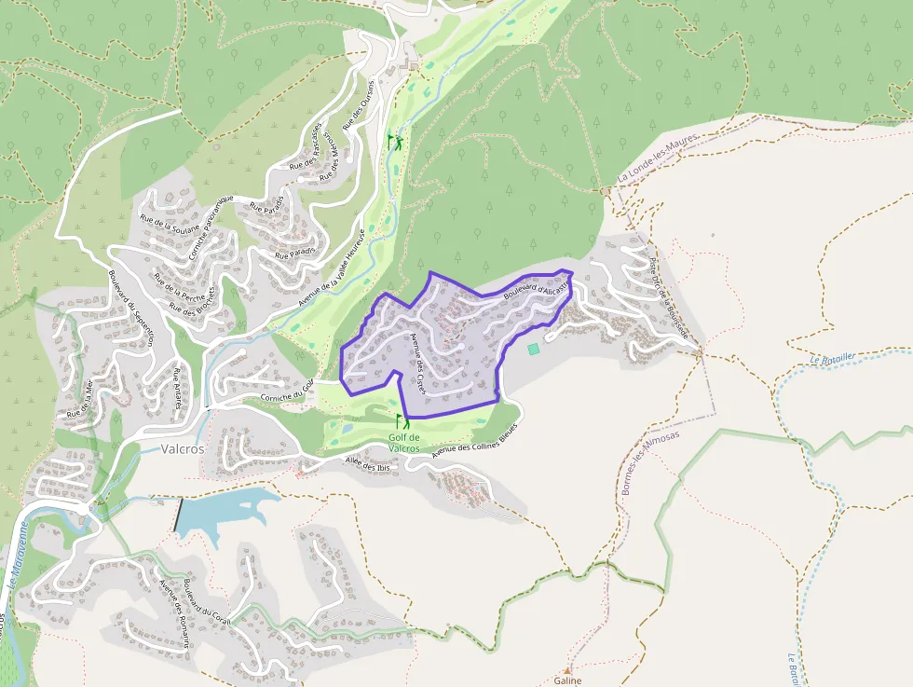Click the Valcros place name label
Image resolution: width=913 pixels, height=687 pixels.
coord(183,448)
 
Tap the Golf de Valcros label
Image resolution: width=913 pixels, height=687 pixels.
coord(404,443)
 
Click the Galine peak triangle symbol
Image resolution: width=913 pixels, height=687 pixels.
coord(566,669)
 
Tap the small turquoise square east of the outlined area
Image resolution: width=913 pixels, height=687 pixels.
coord(533,349)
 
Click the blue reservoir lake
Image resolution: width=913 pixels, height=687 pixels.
coord(219,514)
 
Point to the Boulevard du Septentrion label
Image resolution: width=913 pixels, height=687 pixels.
coord(130,309)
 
